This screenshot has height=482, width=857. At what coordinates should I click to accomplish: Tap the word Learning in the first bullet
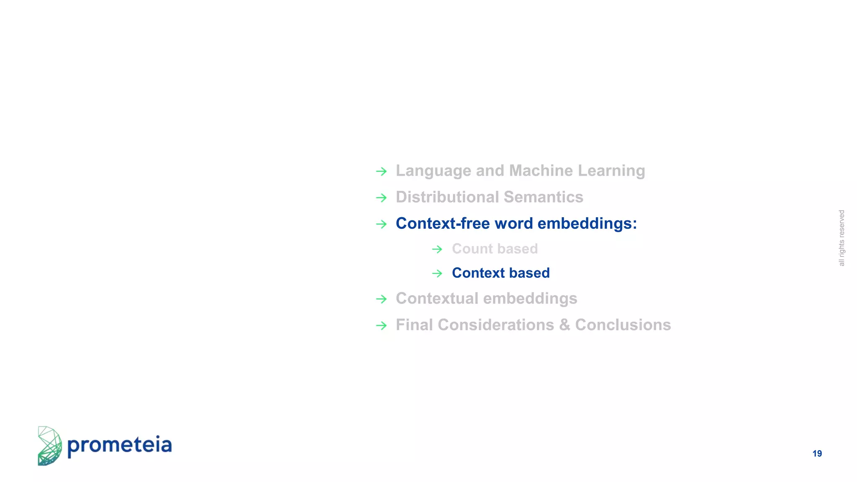tap(611, 171)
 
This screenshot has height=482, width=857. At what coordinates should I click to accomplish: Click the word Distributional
tap(447, 197)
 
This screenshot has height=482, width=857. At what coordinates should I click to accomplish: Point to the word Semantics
tap(544, 197)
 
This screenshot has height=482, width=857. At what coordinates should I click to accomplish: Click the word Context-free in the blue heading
tap(443, 223)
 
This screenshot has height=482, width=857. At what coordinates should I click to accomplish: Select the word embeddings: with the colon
tap(587, 224)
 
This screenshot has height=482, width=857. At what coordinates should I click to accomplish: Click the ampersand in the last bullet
tap(564, 325)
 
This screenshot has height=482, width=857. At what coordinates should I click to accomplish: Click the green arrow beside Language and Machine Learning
tap(381, 171)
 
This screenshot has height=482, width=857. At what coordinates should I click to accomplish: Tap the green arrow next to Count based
tap(437, 249)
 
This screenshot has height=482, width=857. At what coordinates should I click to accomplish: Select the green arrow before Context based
tap(437, 274)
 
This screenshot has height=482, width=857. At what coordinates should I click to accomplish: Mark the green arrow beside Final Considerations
tap(381, 326)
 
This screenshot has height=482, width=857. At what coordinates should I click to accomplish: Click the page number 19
tap(817, 454)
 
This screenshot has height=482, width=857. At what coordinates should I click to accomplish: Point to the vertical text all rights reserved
tap(842, 238)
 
